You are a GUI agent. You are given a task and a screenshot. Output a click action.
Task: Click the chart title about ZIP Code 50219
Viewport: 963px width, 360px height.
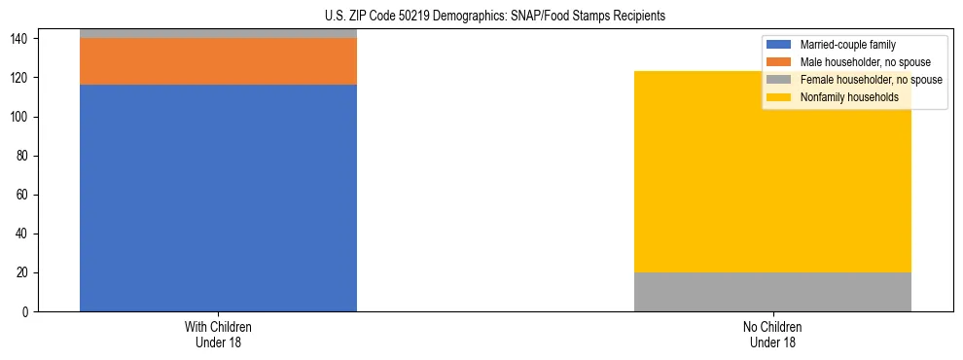tap(495, 16)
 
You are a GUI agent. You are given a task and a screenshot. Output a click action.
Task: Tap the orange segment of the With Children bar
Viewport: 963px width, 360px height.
tap(218, 61)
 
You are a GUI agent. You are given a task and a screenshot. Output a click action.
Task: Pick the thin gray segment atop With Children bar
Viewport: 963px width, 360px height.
tap(218, 33)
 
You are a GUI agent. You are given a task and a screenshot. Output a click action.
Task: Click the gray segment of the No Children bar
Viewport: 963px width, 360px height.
tap(772, 292)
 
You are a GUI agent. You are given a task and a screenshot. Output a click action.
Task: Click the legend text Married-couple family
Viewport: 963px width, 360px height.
tap(847, 45)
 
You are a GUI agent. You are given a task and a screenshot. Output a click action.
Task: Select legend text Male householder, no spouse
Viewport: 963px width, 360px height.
tap(865, 62)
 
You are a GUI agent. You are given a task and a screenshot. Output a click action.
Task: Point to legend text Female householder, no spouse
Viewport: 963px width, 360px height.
tap(871, 80)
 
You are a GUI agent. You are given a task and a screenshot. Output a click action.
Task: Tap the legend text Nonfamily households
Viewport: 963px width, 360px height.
tap(849, 97)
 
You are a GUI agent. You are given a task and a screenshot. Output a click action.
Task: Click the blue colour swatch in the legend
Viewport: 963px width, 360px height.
tap(779, 45)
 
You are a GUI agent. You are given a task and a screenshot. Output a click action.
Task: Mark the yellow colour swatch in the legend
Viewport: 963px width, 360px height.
tap(779, 97)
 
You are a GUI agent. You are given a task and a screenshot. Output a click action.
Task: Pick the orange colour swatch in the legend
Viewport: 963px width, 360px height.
tap(779, 62)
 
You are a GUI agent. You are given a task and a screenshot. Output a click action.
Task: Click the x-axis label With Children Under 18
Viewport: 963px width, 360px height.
tap(218, 334)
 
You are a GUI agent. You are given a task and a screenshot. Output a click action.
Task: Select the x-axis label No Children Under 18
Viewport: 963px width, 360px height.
tap(772, 334)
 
